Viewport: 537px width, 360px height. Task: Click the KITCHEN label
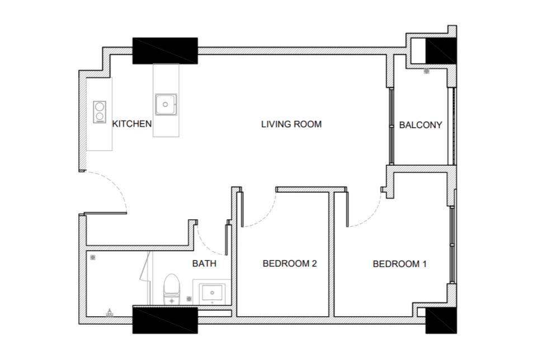click(x=132, y=124)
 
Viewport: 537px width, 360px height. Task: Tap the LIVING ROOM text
click(x=291, y=124)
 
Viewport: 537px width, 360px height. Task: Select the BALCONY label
click(x=421, y=125)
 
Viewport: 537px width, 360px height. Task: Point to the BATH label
click(x=204, y=263)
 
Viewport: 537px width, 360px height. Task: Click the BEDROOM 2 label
click(x=290, y=263)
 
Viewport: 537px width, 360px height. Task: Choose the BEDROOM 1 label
click(x=399, y=264)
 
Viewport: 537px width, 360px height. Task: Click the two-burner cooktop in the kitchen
click(x=100, y=112)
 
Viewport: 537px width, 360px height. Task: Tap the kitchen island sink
click(x=166, y=104)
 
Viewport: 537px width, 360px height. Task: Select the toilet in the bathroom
click(x=171, y=289)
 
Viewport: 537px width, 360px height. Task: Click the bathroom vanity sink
click(x=213, y=293)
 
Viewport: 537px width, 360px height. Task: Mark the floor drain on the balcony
click(x=426, y=71)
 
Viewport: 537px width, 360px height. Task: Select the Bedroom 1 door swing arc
click(x=370, y=216)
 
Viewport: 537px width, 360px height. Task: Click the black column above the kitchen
click(x=165, y=51)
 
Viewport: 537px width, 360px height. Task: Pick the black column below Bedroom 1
click(x=441, y=320)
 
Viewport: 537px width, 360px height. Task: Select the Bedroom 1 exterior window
click(x=453, y=245)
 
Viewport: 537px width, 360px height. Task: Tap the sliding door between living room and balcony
click(x=391, y=126)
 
